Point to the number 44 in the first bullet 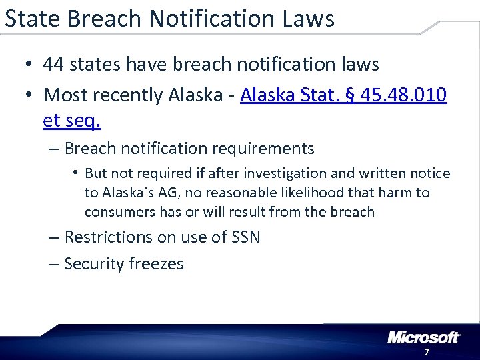pos(53,65)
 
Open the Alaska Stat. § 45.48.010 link pos(343,95)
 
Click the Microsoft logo pos(423,337)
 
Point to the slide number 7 pos(426,352)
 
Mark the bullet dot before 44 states pos(27,65)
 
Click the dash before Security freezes pos(54,264)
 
